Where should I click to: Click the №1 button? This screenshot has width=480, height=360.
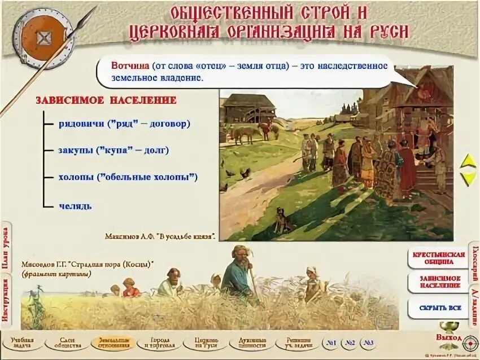coord(331,343)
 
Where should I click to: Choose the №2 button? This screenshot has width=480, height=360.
coord(350,343)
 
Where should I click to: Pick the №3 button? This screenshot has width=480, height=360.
coord(369,343)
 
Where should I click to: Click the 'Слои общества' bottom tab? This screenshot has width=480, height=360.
coord(66,343)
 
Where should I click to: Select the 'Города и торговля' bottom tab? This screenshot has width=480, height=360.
coord(159,343)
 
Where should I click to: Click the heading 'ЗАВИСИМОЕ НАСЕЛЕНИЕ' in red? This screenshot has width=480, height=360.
coord(106,100)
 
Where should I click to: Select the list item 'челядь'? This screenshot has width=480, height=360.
coord(75,206)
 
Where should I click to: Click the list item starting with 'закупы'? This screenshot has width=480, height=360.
coord(114,151)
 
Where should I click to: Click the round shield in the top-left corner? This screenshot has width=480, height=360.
coord(43,38)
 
